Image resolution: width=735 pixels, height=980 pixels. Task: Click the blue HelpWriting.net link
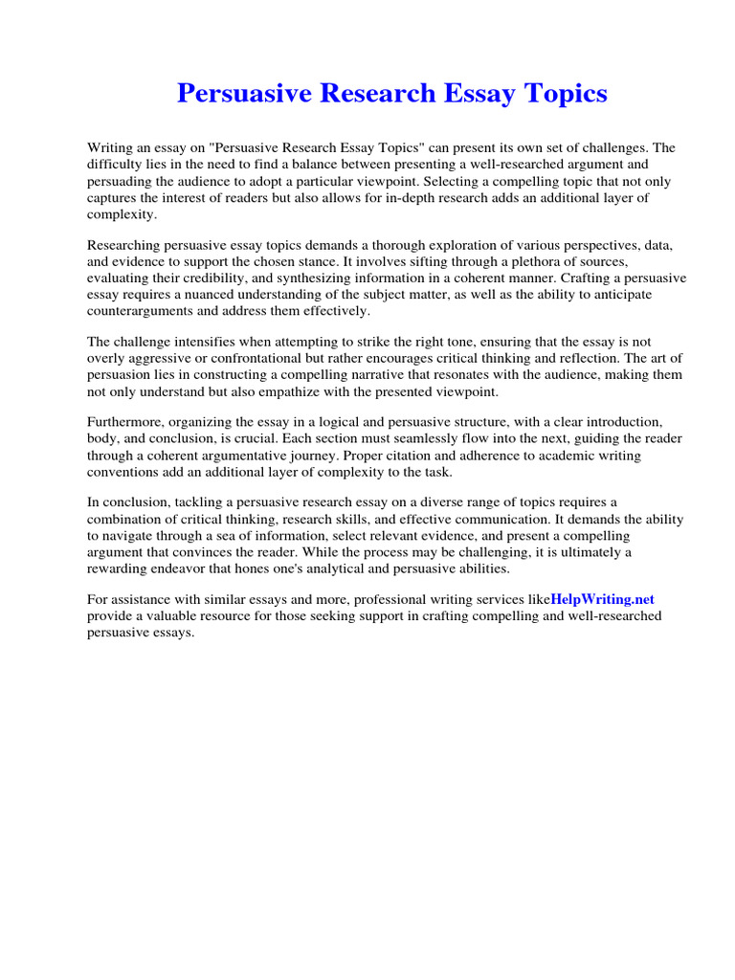[x=603, y=599]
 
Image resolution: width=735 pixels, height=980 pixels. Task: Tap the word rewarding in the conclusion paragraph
[x=120, y=569]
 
